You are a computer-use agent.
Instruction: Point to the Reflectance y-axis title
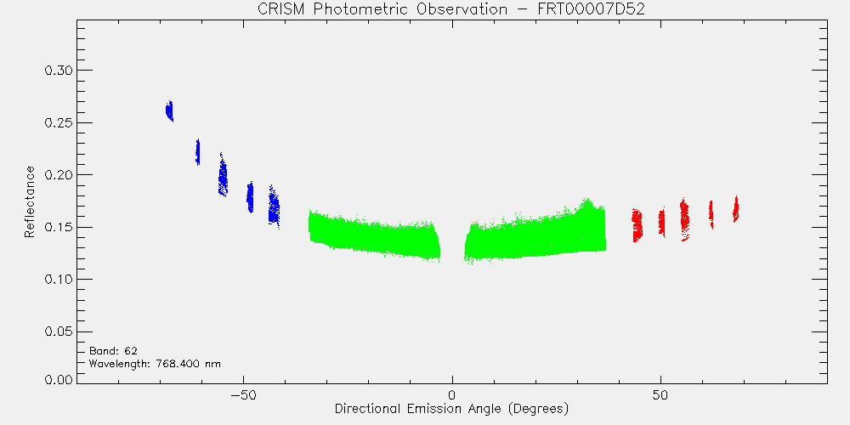pos(29,201)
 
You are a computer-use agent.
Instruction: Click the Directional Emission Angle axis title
pos(451,408)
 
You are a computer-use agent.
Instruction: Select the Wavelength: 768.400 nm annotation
pos(155,363)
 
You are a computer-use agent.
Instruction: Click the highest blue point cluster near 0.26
pos(170,111)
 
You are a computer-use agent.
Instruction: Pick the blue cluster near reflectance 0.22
pos(198,152)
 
